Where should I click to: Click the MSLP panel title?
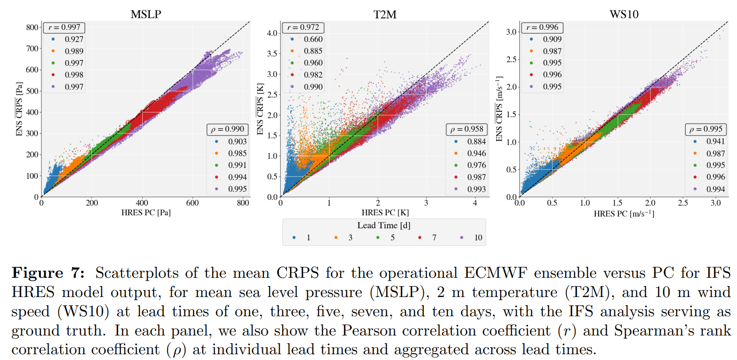pyautogui.click(x=146, y=14)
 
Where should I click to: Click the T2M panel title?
pyautogui.click(x=384, y=14)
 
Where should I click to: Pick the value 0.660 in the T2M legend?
pyautogui.click(x=313, y=39)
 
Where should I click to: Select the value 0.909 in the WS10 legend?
pyautogui.click(x=552, y=39)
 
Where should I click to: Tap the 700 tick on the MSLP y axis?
pyautogui.click(x=32, y=49)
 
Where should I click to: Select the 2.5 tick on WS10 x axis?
pyautogui.click(x=683, y=203)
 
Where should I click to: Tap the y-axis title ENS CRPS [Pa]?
pyautogui.click(x=20, y=112)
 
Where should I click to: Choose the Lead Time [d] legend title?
pyautogui.click(x=383, y=225)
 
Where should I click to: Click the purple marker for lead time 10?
pyautogui.click(x=462, y=237)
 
